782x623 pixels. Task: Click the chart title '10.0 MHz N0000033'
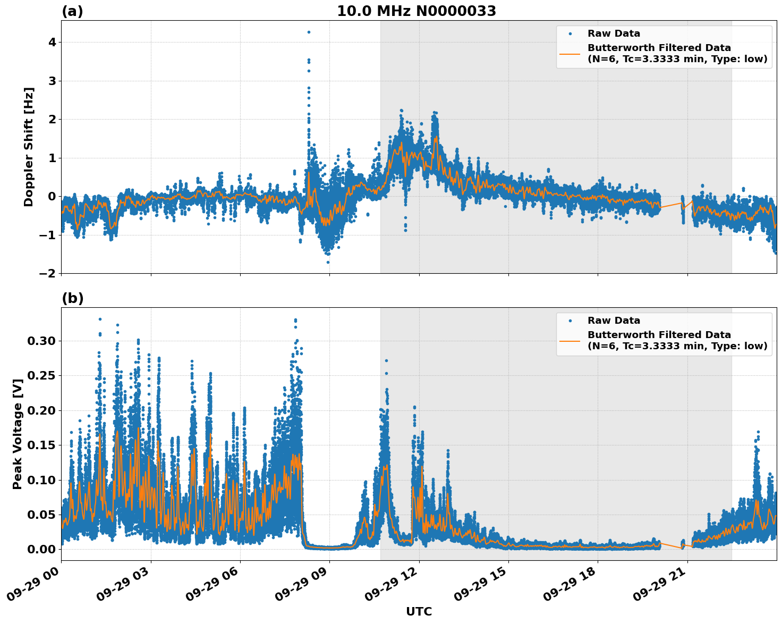(x=416, y=11)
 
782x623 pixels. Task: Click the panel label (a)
(x=72, y=11)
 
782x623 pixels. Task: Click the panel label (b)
(x=72, y=298)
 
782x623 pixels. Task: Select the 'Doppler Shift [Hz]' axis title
(x=29, y=147)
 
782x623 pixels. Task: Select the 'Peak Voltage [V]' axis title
(x=18, y=434)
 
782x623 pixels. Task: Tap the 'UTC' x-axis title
(x=419, y=611)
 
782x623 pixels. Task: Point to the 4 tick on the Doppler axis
(x=52, y=42)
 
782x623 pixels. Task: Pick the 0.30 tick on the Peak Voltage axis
(x=41, y=341)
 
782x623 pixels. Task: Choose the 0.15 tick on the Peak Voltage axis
(x=41, y=445)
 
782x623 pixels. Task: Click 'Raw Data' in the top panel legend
(x=614, y=33)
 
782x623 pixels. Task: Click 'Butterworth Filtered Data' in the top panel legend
(x=659, y=48)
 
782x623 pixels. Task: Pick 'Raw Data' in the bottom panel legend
(x=614, y=321)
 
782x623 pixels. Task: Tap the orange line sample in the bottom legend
(x=569, y=341)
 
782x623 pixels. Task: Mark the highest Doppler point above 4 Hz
(x=309, y=32)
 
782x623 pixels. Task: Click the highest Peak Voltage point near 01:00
(x=100, y=319)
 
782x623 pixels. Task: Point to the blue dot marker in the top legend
(x=570, y=33)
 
